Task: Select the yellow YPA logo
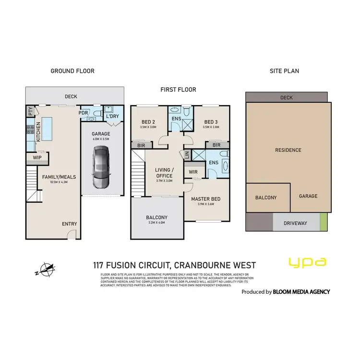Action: click(307, 262)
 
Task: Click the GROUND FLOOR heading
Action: click(72, 71)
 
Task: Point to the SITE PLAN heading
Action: click(284, 71)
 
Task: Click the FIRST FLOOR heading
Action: click(178, 90)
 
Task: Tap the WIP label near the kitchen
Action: click(37, 157)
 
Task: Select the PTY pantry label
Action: click(30, 112)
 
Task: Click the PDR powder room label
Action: click(84, 114)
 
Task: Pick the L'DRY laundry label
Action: click(112, 116)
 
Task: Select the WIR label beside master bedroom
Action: click(193, 171)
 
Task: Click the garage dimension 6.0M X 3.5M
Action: click(101, 139)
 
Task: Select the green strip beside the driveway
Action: click(324, 222)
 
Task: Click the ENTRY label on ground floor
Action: click(69, 224)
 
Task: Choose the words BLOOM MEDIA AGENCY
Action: click(301, 291)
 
